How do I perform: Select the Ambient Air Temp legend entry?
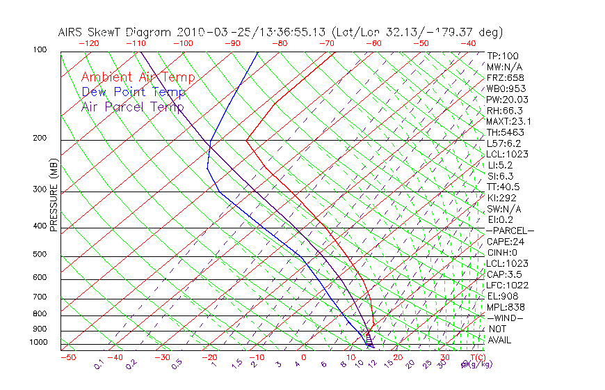(x=138, y=77)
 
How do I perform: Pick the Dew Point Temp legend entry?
(x=133, y=92)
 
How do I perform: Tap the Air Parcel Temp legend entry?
(x=132, y=107)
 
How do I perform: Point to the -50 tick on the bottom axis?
(x=67, y=357)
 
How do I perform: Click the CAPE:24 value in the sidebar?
(x=505, y=242)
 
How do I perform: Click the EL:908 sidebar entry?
(x=503, y=296)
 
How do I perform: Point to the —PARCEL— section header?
(x=510, y=231)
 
